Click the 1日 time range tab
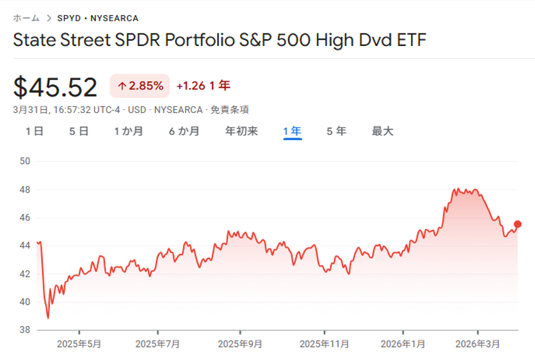(34, 131)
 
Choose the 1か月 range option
(129, 131)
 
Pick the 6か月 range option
(184, 131)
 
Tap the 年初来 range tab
(241, 131)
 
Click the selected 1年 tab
(293, 131)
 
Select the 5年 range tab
(336, 131)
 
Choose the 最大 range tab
(383, 131)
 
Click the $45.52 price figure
(55, 87)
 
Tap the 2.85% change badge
(140, 86)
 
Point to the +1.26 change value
(190, 86)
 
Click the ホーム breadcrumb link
(26, 18)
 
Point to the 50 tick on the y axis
(25, 161)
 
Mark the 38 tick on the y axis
(25, 330)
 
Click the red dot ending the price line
(518, 224)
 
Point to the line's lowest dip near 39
(48, 318)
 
